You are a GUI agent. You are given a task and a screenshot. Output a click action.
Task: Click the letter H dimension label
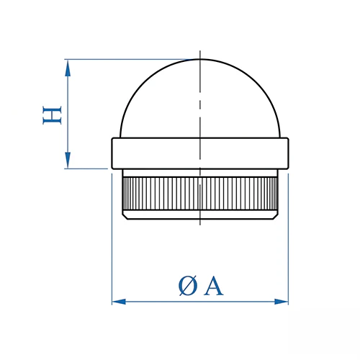coord(52,115)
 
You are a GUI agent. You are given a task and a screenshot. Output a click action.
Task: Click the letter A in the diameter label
coord(213,286)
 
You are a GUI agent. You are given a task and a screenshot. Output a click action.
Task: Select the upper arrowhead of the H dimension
coord(68,68)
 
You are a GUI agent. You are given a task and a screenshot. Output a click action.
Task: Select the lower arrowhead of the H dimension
coord(68,160)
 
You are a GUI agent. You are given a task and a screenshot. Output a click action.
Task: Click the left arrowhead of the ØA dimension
coord(119,302)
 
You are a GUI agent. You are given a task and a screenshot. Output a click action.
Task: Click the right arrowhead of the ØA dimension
coord(282,302)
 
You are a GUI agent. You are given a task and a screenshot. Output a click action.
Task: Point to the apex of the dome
coord(200,59)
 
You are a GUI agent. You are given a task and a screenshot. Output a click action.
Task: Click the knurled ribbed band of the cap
coord(200,194)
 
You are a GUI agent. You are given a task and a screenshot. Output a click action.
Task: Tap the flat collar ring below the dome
coord(200,153)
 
